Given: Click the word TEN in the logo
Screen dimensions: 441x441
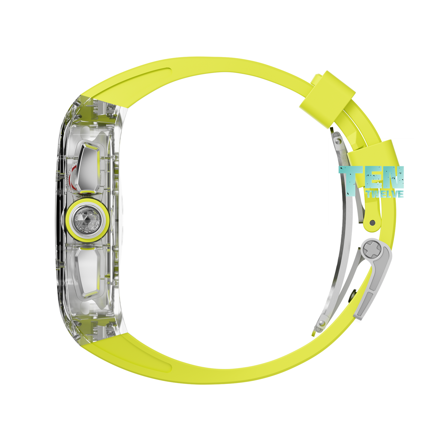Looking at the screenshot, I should click(x=371, y=177).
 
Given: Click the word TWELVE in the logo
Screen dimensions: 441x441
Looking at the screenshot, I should click(x=385, y=194).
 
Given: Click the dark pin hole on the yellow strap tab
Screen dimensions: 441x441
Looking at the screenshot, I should click(x=372, y=222).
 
